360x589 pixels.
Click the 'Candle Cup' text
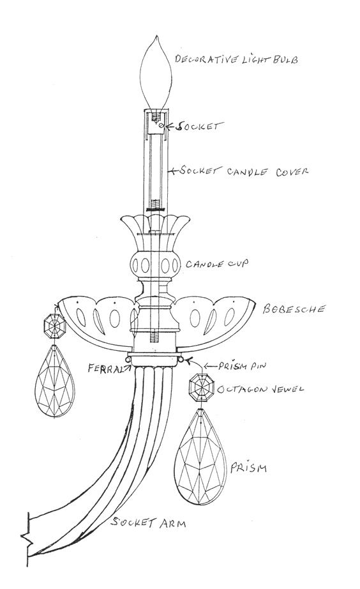(217, 264)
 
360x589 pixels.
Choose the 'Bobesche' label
(294, 309)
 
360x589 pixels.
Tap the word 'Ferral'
(105, 368)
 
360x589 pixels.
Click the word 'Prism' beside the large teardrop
(248, 468)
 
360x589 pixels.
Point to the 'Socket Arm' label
(149, 523)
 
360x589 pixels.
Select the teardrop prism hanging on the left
(54, 381)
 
